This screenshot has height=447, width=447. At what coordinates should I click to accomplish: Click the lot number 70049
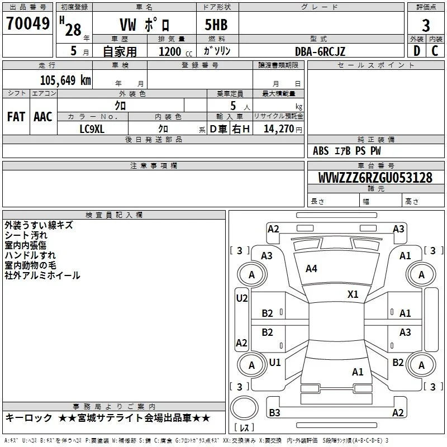click(x=28, y=23)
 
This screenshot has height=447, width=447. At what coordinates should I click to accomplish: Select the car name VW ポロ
click(x=145, y=25)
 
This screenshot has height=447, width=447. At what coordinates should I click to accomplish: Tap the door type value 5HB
click(x=216, y=25)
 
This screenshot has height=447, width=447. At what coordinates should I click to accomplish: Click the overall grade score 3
click(x=426, y=25)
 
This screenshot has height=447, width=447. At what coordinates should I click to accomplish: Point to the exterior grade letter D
click(x=417, y=51)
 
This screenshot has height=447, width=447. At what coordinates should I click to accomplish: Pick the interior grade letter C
click(x=435, y=51)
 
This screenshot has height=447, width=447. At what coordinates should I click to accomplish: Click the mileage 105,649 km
click(x=65, y=80)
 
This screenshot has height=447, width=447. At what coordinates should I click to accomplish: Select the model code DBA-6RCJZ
click(x=320, y=51)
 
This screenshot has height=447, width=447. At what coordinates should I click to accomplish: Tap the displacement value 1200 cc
click(x=175, y=51)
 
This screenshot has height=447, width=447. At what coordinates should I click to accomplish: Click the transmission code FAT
click(x=16, y=117)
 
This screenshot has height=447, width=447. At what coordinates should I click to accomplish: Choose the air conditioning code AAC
click(x=43, y=117)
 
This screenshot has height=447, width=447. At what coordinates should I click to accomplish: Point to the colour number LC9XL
click(x=92, y=129)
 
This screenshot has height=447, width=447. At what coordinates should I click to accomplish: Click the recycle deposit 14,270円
click(x=283, y=129)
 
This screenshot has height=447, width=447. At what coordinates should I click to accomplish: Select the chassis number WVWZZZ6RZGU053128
click(x=375, y=178)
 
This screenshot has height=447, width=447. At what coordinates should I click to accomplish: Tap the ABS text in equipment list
click(x=321, y=151)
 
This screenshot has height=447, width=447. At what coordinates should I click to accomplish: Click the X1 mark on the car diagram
click(x=353, y=294)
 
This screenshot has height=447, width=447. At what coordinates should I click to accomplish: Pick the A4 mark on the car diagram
click(x=311, y=269)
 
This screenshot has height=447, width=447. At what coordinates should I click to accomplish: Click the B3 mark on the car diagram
click(x=274, y=412)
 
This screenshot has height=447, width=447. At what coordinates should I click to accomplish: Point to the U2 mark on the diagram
click(x=242, y=298)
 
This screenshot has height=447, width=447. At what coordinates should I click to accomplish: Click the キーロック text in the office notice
click(x=28, y=418)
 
